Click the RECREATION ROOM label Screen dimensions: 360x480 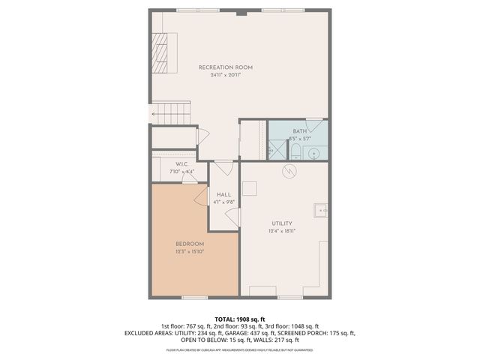(x=225, y=67)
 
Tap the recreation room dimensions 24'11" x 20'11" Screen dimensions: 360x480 (x=225, y=75)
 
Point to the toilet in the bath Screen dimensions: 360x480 (x=295, y=153)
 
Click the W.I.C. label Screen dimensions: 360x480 (x=181, y=164)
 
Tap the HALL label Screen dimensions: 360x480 (x=223, y=194)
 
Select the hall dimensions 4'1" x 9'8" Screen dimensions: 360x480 (x=223, y=202)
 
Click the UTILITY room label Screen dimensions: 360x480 (x=282, y=223)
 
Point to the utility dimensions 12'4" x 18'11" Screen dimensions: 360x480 (x=282, y=231)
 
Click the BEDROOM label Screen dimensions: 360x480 (x=190, y=244)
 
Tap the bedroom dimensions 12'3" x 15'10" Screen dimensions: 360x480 (x=190, y=251)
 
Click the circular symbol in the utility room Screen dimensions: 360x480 (x=289, y=172)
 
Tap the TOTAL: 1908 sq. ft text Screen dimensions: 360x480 (x=239, y=319)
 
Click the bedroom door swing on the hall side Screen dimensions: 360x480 (x=201, y=196)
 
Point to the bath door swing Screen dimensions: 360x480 (x=316, y=126)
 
